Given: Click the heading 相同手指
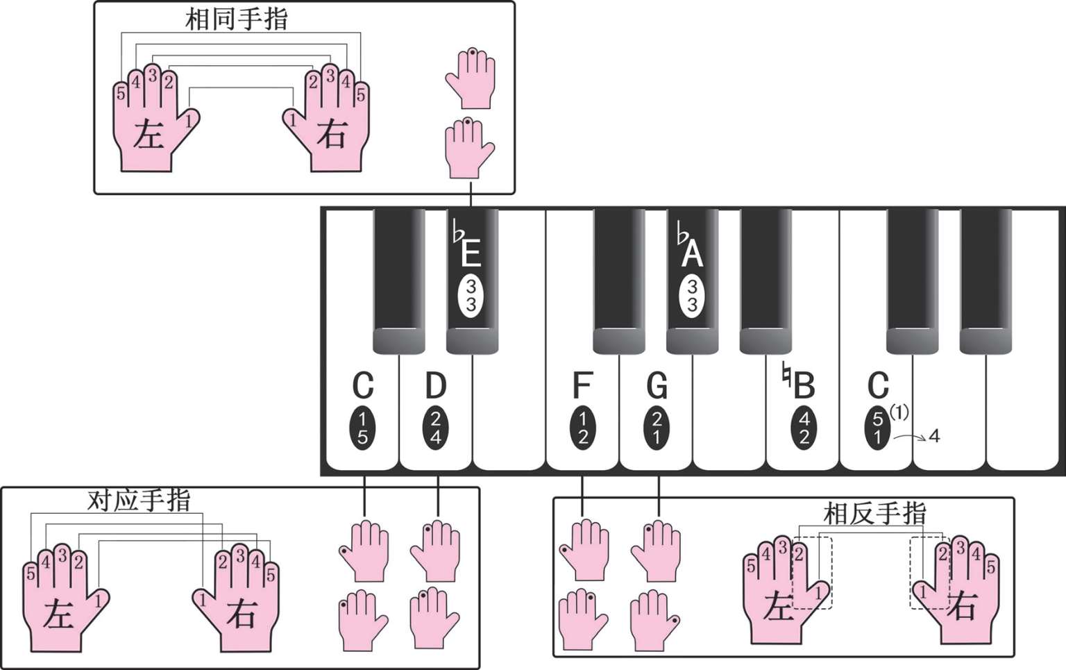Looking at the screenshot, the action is coord(237,19).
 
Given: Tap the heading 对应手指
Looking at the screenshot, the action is coord(139,500).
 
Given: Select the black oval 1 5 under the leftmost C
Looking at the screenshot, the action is coord(362,428).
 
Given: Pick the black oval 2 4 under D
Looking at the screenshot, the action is coord(435,428).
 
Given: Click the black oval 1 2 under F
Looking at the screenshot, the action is coord(582,428).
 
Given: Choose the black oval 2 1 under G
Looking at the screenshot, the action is coord(657,428).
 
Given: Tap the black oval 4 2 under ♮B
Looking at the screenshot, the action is coord(804,428).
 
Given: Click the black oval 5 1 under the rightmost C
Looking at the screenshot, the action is coord(877,428).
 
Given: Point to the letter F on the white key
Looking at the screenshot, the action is coord(582,385).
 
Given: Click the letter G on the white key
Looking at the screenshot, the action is coord(657,385).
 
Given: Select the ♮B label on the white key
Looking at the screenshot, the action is coord(799,383).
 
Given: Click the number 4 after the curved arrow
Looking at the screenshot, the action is coord(934,436).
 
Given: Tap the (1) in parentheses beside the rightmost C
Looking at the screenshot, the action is coord(899,412).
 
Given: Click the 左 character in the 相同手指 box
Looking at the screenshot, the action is coord(149,135).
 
